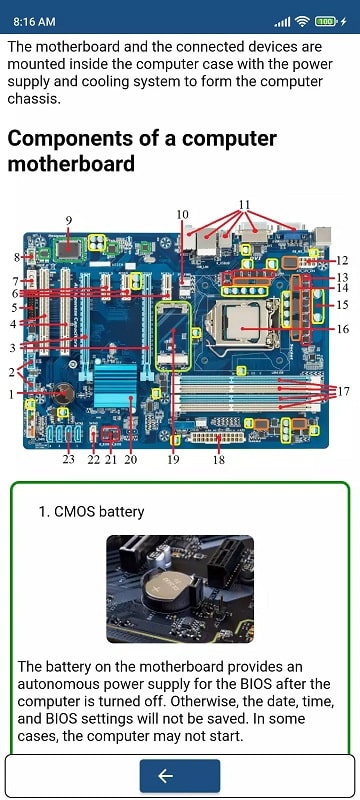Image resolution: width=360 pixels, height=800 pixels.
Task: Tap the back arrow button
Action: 180,776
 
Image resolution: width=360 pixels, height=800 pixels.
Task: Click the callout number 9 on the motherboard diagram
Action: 69,219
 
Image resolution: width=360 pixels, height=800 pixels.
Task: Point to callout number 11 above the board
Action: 244,205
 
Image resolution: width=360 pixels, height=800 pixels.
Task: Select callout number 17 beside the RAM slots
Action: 344,390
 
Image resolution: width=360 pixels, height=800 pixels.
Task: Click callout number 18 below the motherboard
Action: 218,460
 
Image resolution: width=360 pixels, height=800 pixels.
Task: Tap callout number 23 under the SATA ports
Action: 68,460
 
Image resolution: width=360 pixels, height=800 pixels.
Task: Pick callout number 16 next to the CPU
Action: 342,328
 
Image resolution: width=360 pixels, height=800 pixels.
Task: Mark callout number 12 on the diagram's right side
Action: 342,260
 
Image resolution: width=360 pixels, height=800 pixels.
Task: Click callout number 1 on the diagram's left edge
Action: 13,393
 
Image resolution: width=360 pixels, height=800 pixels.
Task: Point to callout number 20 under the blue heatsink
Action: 130,460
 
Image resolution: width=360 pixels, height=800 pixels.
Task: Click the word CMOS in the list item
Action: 77,512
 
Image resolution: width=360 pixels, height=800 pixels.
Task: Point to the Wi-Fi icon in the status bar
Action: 302,20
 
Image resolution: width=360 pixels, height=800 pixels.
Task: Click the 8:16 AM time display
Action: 35,20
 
